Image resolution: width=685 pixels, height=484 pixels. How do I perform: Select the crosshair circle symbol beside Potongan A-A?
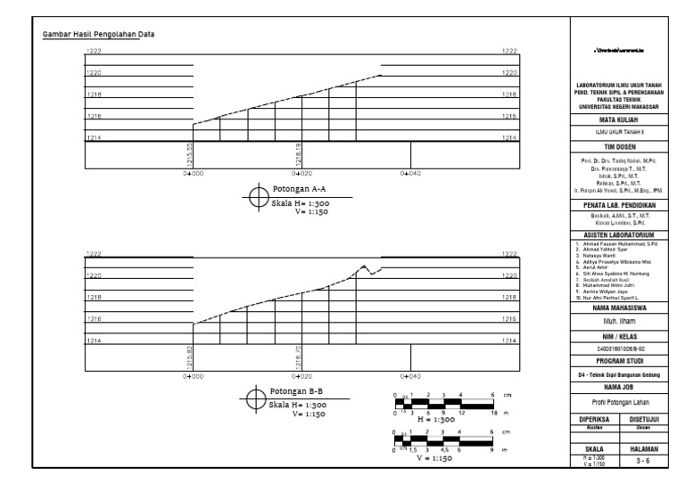(x=260, y=195)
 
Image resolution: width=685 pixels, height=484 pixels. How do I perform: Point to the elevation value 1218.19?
(x=298, y=154)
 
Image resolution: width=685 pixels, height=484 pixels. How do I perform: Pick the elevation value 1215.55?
(x=189, y=154)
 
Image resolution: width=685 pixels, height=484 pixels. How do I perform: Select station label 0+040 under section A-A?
(x=409, y=174)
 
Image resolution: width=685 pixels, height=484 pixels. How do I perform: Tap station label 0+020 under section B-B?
(x=301, y=378)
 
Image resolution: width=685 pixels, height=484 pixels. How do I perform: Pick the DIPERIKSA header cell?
(x=595, y=418)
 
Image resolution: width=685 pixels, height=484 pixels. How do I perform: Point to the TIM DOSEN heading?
(x=619, y=144)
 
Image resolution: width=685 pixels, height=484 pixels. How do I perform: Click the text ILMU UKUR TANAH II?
(x=619, y=132)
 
